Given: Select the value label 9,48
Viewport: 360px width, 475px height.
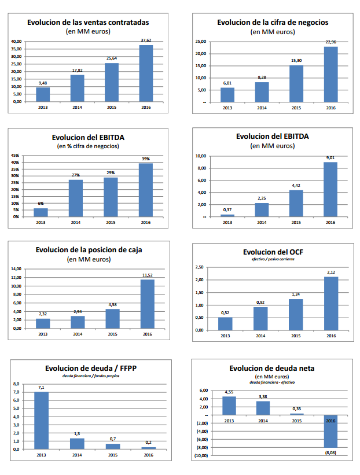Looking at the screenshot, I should pos(43,83).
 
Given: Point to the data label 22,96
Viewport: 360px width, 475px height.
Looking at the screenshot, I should pos(330,42).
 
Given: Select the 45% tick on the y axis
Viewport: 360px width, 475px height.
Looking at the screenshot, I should pos(16,156).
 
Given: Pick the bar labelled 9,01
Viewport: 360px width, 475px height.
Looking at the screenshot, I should pos(330,189).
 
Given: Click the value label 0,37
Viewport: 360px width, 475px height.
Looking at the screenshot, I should pos(227,209).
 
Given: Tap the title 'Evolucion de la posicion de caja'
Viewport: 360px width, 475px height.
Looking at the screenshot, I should pos(89,250).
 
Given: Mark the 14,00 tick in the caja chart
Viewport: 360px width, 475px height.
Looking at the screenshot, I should pos(16,269).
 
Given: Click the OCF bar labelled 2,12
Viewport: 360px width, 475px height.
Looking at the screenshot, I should pos(331,303).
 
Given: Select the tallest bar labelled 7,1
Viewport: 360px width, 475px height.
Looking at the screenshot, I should pos(41,420).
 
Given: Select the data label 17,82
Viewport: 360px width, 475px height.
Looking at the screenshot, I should pos(77,70).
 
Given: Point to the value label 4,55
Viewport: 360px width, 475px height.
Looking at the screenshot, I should pos(229,392).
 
